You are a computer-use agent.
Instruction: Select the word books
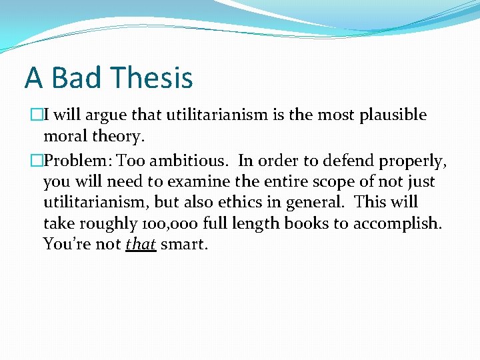point(305,223)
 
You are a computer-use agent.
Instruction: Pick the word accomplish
point(397,223)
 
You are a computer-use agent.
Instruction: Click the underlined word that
point(140,244)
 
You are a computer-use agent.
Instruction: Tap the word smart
point(184,244)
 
